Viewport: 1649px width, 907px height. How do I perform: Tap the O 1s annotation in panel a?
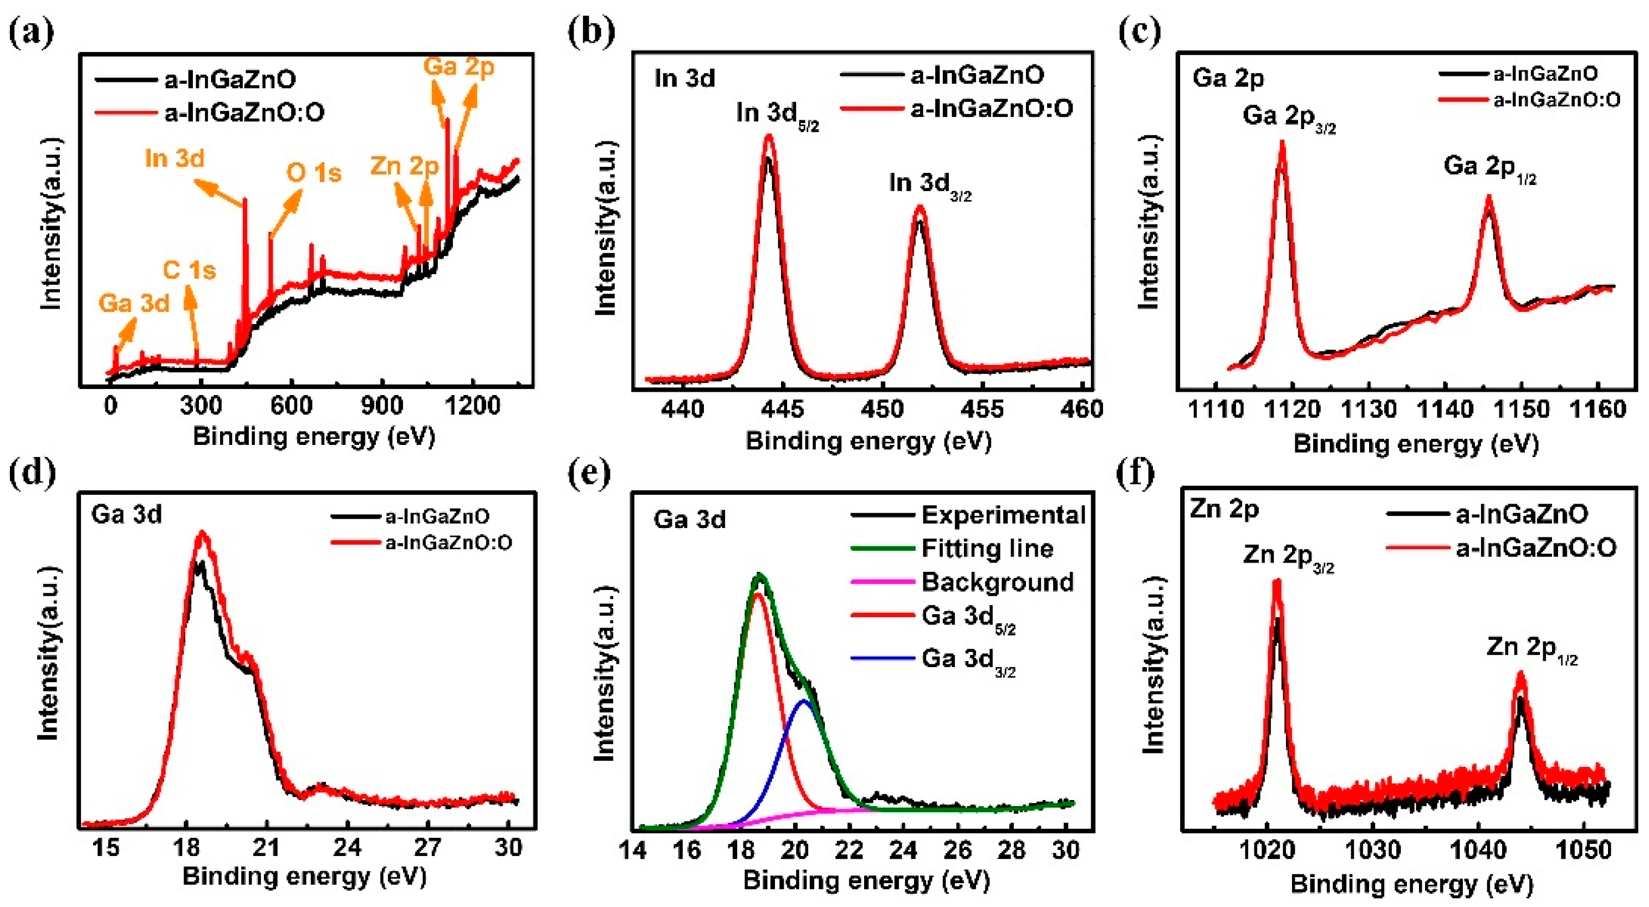click(x=314, y=173)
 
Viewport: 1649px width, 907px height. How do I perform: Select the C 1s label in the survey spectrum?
click(x=189, y=270)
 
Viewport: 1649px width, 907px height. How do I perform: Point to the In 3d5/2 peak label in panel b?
click(x=777, y=115)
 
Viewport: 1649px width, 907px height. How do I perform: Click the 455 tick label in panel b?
click(x=982, y=408)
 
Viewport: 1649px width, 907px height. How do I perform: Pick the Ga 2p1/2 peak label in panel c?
click(x=1489, y=168)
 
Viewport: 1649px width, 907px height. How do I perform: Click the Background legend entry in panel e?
click(x=997, y=582)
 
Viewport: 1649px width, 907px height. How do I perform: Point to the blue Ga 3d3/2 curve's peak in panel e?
click(x=805, y=701)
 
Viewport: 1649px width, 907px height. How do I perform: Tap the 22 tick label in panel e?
click(x=849, y=850)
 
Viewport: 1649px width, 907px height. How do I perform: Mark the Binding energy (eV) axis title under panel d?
click(x=304, y=877)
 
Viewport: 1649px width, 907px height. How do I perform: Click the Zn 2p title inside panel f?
click(x=1224, y=510)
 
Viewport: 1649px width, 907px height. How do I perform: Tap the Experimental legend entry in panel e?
click(x=1003, y=515)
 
